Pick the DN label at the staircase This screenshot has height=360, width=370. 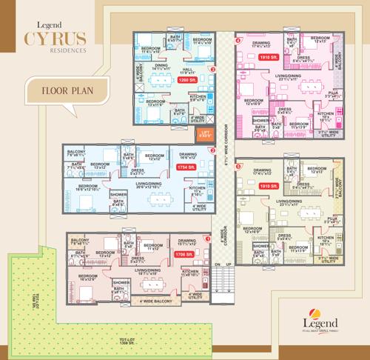click(217, 264)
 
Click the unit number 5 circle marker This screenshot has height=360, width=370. click(238, 167)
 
